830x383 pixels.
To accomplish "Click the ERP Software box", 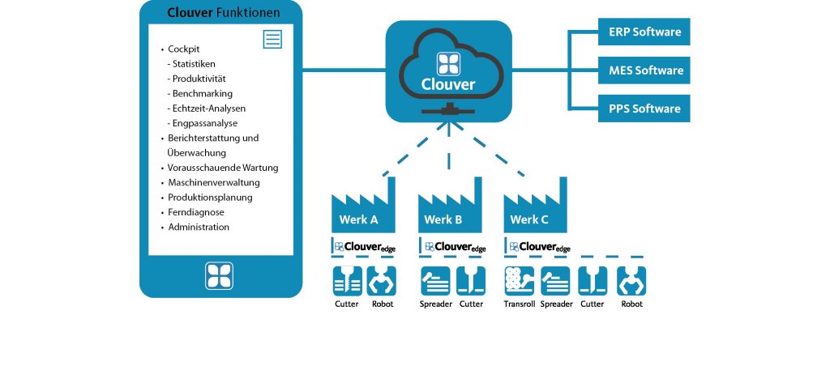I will (644, 32).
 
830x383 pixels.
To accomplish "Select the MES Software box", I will (644, 70).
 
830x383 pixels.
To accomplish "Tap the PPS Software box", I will (644, 109).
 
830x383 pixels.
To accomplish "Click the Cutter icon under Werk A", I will (347, 280).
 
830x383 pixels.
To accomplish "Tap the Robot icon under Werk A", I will (383, 280).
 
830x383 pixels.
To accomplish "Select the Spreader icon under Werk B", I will (435, 280).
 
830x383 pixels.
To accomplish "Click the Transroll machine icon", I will (519, 280).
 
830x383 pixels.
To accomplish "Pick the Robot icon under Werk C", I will (631, 280).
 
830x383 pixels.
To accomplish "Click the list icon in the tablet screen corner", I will (272, 39).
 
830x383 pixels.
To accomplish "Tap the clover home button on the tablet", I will (220, 275).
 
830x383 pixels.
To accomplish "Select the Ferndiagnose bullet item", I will (195, 212).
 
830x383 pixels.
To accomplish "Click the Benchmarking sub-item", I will (202, 93).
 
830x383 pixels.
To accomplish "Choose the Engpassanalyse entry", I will (204, 123).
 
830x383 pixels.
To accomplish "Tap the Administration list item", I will (198, 228).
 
